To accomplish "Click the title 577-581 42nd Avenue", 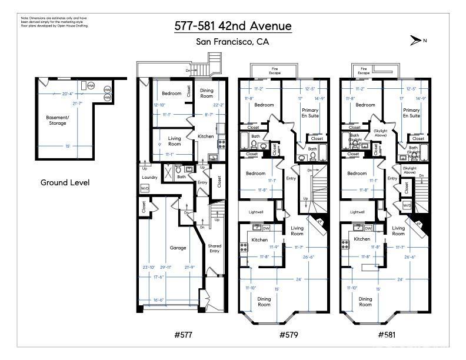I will pyautogui.click(x=232, y=26).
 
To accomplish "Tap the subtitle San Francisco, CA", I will pyautogui.click(x=232, y=42).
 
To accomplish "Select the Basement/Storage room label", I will pyautogui.click(x=57, y=120).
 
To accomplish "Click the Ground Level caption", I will pyautogui.click(x=65, y=182).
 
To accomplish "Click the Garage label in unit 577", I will pyautogui.click(x=178, y=248).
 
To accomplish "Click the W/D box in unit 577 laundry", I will pyautogui.click(x=145, y=188).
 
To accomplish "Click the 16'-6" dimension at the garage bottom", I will pyautogui.click(x=167, y=299).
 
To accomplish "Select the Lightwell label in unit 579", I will pyautogui.click(x=254, y=212).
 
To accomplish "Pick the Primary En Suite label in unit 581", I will pyautogui.click(x=411, y=113).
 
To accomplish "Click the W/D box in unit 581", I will pyautogui.click(x=407, y=205).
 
